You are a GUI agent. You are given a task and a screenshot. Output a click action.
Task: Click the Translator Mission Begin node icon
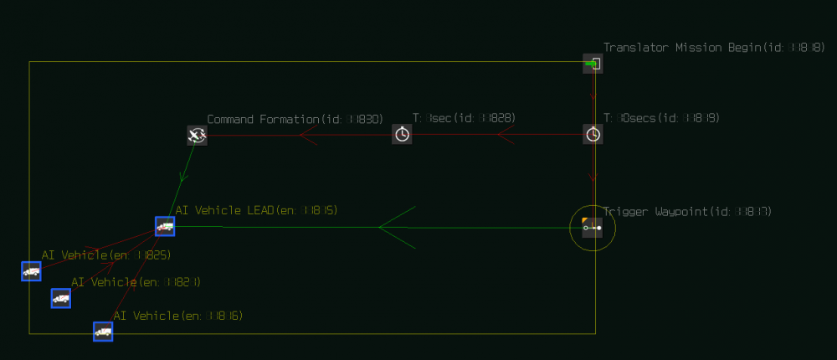pos(593,64)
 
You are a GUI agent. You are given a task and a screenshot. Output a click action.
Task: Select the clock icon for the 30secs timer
pos(593,134)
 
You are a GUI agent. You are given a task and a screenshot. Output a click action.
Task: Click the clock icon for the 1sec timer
pos(402,134)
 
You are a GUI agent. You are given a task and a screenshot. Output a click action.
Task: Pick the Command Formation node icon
pos(197,135)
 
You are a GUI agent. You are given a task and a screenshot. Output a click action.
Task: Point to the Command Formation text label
pos(263,120)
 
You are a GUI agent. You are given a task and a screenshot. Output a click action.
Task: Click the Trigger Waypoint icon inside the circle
pos(593,227)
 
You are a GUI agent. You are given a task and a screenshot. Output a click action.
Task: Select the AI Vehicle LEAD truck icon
pos(165,226)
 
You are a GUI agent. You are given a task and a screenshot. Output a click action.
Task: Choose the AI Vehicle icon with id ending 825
pos(31,271)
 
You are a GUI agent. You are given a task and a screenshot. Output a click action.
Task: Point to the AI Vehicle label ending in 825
pos(106,255)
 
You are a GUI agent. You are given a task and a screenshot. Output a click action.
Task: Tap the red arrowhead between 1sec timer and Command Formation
pos(306,135)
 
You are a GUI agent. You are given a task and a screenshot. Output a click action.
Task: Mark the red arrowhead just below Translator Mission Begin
pos(593,97)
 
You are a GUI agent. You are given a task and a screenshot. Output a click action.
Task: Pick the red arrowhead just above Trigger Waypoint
pos(593,177)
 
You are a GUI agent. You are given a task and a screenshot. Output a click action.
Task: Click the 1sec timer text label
pos(464,119)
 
